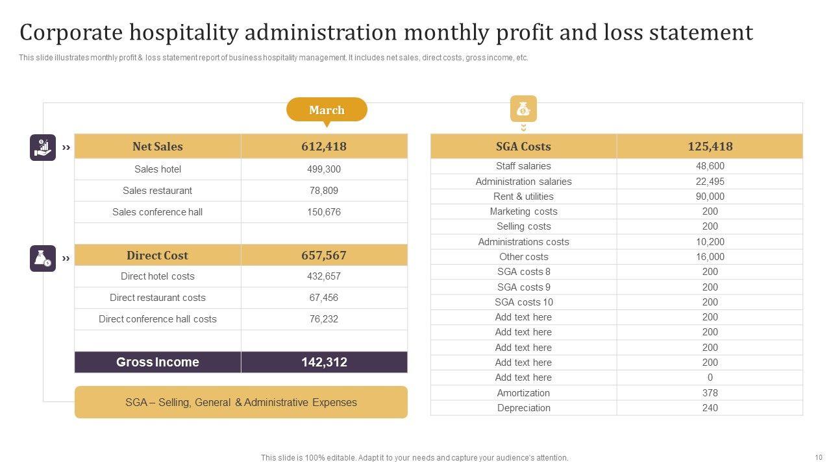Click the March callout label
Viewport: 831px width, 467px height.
click(327, 110)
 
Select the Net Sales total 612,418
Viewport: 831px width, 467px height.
click(324, 147)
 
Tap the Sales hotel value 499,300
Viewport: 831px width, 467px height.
click(324, 169)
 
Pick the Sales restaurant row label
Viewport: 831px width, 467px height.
click(158, 191)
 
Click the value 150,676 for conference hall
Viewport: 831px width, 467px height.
click(324, 212)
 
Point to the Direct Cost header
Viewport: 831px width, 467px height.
click(157, 256)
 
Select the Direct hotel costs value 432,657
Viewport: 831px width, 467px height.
click(324, 276)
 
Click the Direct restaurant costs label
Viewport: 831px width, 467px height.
click(158, 298)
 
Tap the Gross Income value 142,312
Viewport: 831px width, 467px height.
click(324, 363)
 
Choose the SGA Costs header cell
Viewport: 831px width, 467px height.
click(523, 147)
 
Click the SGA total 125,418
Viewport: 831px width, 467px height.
click(710, 147)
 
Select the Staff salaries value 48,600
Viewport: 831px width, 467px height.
click(710, 166)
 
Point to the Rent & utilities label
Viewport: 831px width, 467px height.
click(523, 197)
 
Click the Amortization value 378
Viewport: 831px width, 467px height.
click(710, 393)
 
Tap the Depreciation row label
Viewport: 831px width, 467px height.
click(523, 408)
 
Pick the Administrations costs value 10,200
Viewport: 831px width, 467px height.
click(710, 242)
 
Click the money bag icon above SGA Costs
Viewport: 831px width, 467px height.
click(523, 109)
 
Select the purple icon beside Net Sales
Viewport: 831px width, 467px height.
click(43, 147)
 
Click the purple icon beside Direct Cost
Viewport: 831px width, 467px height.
click(43, 258)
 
